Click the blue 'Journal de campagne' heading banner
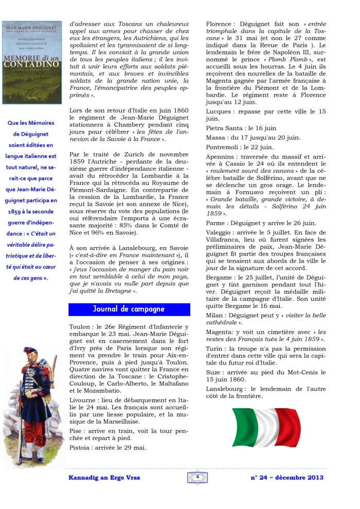pos(129,309)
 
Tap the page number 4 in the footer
pos(197,477)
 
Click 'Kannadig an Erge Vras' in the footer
pos(104,478)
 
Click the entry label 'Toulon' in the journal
pos(80,327)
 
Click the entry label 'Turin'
pos(215,350)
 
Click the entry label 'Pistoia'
pos(81,447)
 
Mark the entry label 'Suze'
pos(214,372)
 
